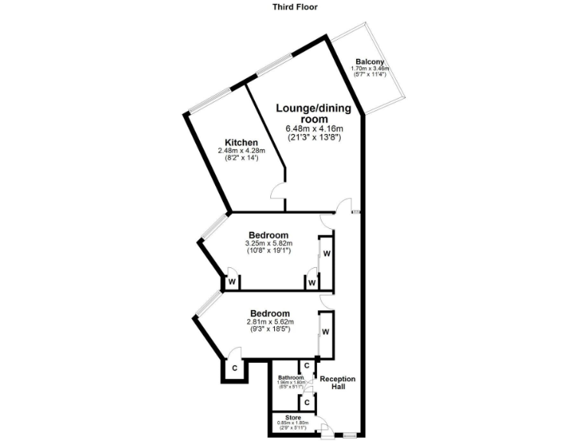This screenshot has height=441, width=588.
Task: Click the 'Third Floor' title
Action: click(x=295, y=7)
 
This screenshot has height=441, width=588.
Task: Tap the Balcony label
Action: click(x=370, y=62)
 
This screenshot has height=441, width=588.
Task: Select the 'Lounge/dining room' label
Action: click(x=314, y=114)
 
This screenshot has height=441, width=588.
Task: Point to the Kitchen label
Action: click(x=241, y=142)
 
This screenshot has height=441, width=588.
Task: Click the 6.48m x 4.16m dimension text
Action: click(x=314, y=129)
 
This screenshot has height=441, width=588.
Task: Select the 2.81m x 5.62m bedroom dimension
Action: click(x=269, y=322)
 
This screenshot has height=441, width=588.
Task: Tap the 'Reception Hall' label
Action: click(x=338, y=383)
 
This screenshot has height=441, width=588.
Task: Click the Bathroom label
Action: click(x=291, y=377)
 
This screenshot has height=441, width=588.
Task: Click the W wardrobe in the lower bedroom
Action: click(x=325, y=332)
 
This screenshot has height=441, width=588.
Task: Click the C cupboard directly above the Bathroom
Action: click(x=306, y=366)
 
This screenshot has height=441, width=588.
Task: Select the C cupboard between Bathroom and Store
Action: click(x=306, y=401)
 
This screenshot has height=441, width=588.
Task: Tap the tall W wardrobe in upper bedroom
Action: click(x=325, y=253)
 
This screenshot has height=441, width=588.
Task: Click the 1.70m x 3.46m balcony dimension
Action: click(x=370, y=69)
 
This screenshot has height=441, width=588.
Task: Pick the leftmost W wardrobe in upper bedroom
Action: click(x=230, y=282)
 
